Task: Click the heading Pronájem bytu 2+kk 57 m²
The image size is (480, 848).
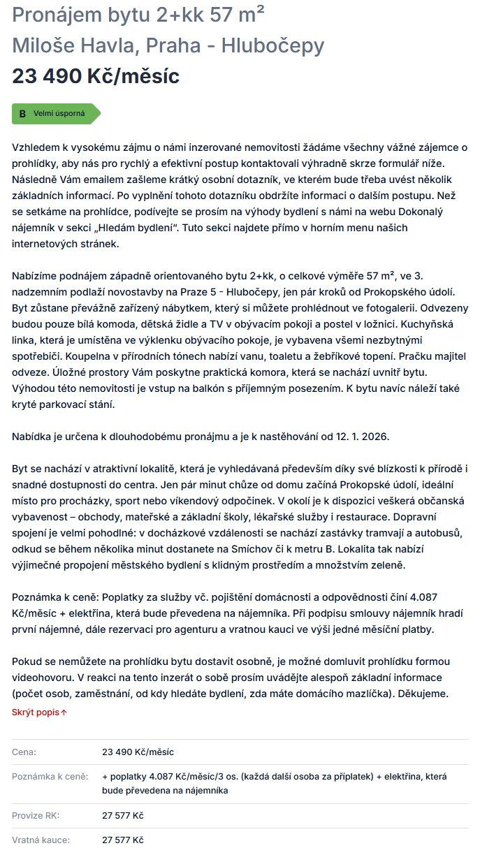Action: [138, 15]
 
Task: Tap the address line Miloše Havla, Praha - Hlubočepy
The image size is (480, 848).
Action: [168, 45]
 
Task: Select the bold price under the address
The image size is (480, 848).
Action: [96, 76]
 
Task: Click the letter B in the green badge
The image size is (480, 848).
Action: [22, 113]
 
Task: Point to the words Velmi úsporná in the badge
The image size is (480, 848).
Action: [59, 113]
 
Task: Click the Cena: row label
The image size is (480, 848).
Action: [24, 752]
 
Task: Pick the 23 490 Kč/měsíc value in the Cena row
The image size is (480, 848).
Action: [138, 752]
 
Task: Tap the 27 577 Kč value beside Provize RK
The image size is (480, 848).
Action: [123, 815]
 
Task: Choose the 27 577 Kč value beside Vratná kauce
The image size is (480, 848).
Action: [123, 840]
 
